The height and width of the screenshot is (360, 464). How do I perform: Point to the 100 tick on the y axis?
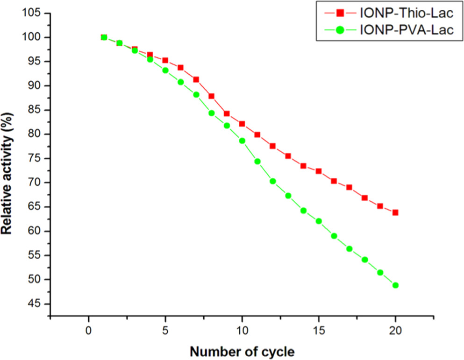(x=36, y=37)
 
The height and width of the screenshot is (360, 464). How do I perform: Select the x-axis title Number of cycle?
(x=242, y=350)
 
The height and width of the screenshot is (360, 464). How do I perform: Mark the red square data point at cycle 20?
(x=395, y=212)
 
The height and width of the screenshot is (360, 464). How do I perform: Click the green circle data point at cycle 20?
(x=395, y=285)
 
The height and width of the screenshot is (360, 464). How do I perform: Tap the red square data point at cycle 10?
(x=242, y=124)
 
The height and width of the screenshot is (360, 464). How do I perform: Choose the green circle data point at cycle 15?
(x=319, y=221)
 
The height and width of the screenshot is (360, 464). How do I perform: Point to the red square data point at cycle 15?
(x=319, y=171)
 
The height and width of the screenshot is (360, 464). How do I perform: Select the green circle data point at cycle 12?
(x=273, y=181)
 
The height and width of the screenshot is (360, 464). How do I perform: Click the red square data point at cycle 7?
(x=196, y=79)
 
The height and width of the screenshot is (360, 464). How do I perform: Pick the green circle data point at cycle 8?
(x=211, y=113)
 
